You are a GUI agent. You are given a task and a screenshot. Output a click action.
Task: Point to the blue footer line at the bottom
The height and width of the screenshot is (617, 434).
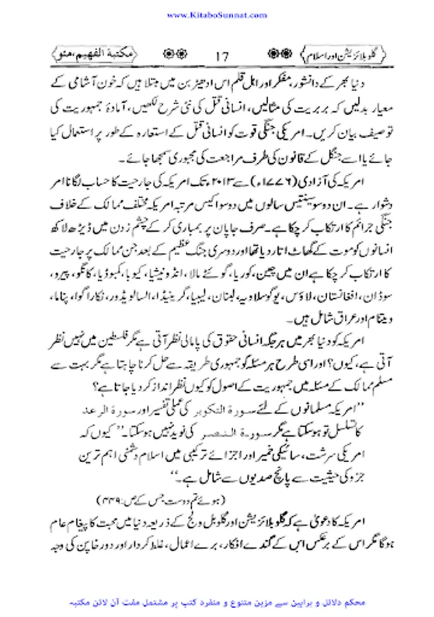point(217,603)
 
